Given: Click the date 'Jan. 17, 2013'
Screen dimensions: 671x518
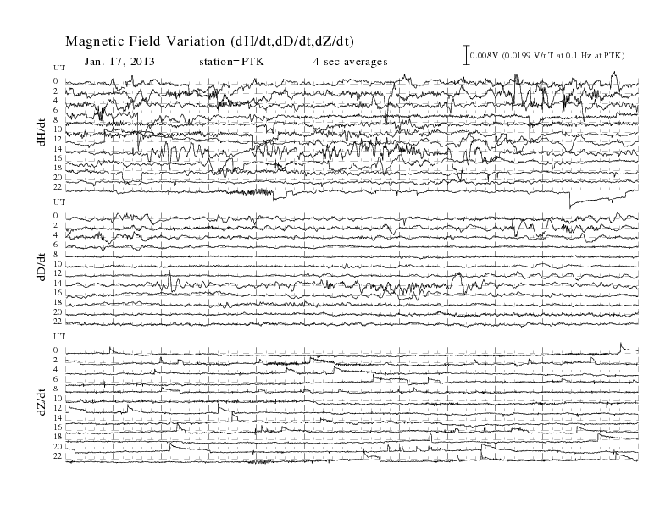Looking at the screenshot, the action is (119, 62).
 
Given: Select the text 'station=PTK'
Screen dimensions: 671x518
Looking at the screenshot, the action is (231, 62).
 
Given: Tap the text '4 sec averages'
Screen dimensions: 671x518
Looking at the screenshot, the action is (351, 62).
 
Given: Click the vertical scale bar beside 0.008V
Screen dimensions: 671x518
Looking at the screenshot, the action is (467, 55).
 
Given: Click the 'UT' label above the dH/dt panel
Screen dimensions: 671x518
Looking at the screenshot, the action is (59, 68).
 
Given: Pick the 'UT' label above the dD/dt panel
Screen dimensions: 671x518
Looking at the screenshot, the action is (59, 201).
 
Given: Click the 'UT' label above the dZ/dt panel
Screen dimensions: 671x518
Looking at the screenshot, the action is (59, 337).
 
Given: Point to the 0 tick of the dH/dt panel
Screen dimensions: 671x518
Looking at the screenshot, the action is (55, 81).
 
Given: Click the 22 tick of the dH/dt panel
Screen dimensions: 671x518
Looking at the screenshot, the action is (58, 187).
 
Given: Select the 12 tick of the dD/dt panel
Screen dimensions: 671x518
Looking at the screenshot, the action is (58, 273).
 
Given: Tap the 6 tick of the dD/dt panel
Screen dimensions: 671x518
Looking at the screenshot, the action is (55, 245).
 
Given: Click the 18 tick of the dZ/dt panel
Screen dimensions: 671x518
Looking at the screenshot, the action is (58, 437).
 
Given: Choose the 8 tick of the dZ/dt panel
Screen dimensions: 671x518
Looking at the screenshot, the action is (55, 389).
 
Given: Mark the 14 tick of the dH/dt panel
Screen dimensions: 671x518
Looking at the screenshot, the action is (58, 149).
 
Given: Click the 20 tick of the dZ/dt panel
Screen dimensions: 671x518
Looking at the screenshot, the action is (58, 447).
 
